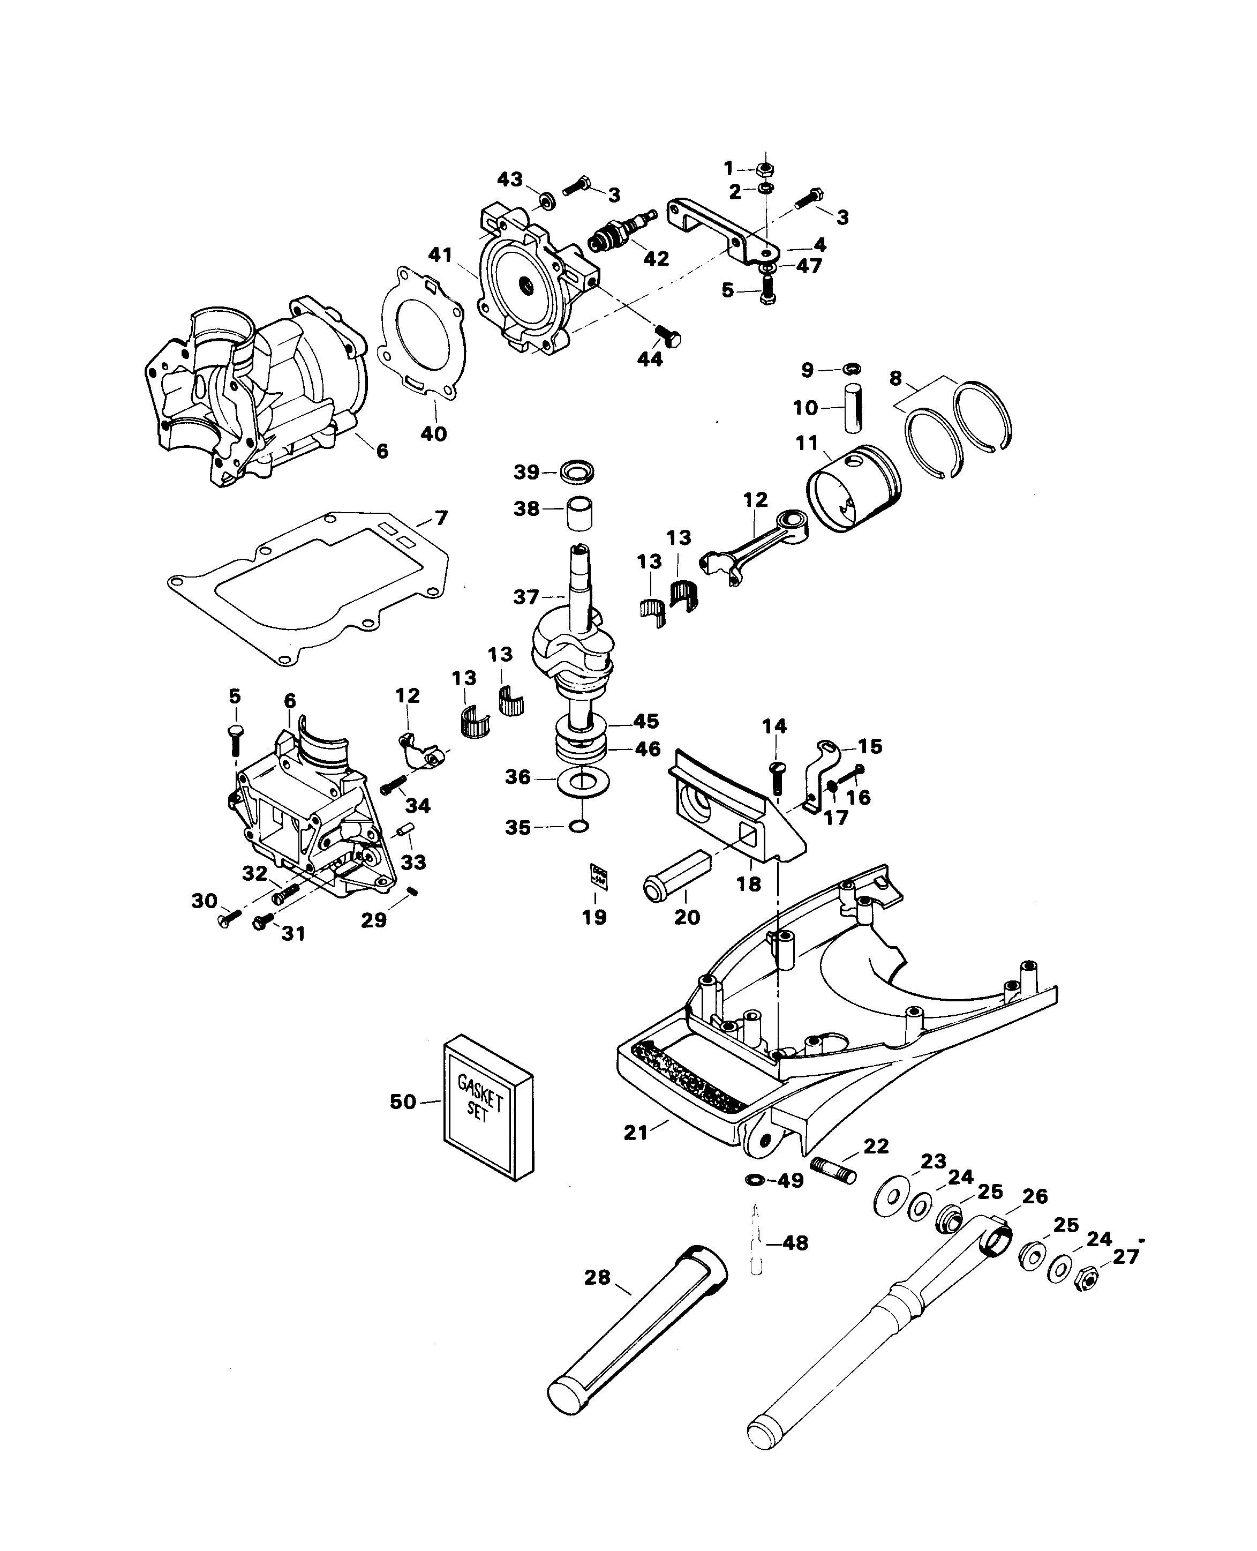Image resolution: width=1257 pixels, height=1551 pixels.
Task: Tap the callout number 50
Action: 403,1102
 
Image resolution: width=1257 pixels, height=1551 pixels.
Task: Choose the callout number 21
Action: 636,1132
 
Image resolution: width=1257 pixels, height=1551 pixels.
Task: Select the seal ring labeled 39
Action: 577,473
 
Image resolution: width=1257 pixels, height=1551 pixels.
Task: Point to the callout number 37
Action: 526,597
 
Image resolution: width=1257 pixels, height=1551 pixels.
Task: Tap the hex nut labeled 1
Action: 765,169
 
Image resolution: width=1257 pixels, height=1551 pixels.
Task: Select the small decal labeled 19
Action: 599,876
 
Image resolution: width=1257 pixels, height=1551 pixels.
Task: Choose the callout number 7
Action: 441,518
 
